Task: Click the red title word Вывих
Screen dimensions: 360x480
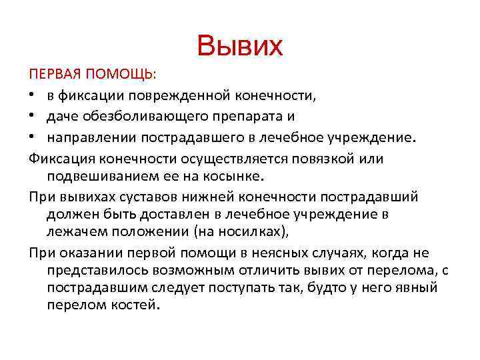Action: tap(240, 46)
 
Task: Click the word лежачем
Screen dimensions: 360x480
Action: tap(75, 233)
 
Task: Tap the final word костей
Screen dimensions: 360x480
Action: tap(133, 305)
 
